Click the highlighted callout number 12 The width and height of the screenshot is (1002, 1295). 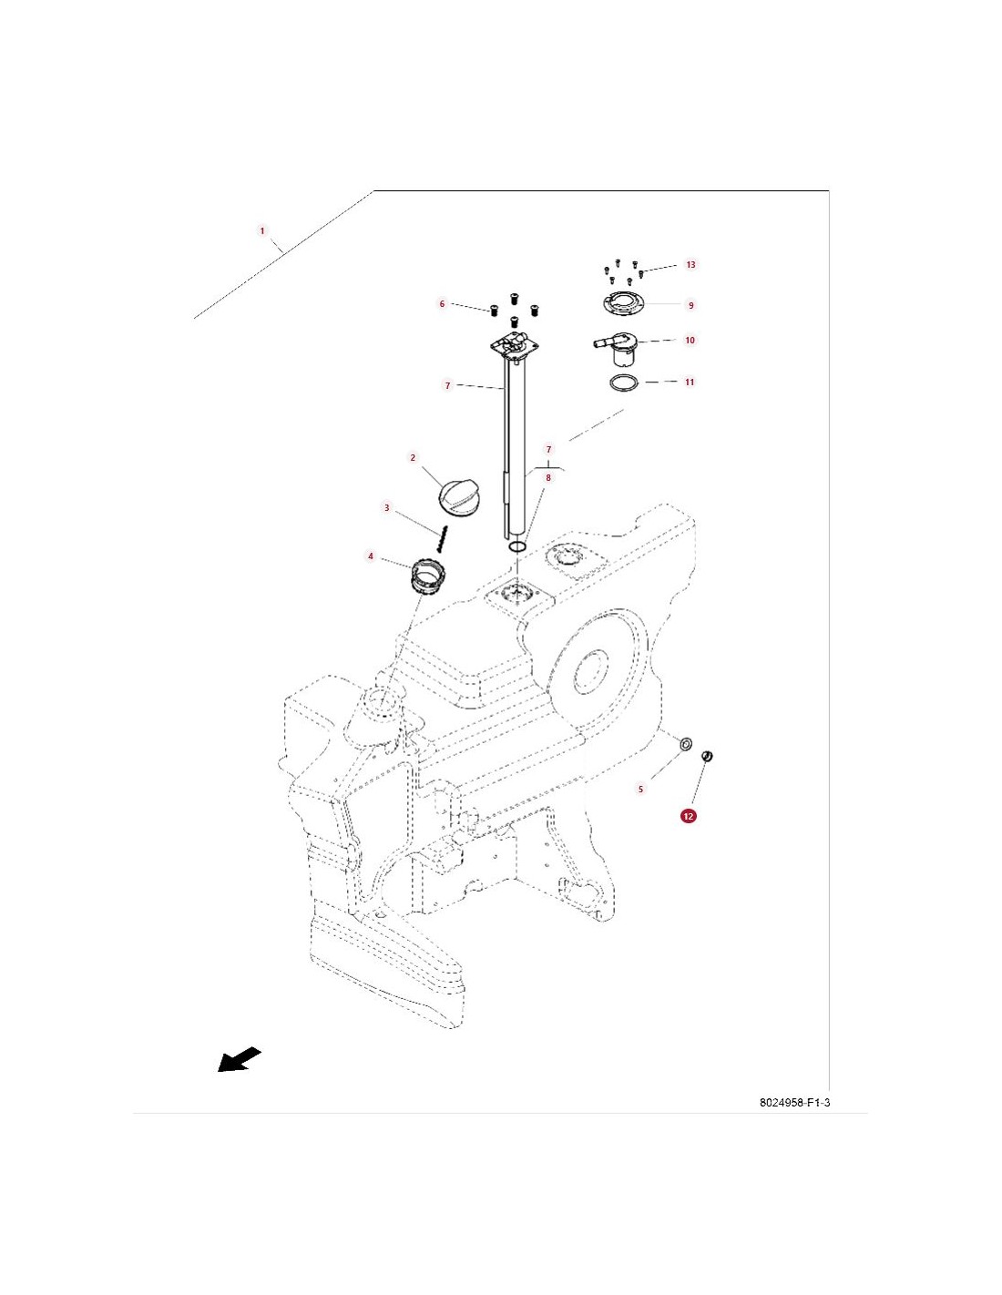[x=688, y=816]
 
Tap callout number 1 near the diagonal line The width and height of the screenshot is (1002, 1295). [x=262, y=230]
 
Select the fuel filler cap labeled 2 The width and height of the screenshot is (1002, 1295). [x=456, y=495]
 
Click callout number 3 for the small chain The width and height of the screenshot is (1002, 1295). [x=387, y=508]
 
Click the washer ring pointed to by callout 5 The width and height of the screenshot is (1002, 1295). [x=686, y=744]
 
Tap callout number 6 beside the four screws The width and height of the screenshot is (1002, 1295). [x=442, y=304]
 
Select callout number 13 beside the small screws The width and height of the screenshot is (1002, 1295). [x=690, y=265]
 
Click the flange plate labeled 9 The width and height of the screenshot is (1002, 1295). [x=623, y=305]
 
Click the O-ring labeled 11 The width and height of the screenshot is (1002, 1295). [x=624, y=382]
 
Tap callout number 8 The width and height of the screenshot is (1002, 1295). [x=547, y=477]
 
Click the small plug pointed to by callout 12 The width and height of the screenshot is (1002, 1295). [x=708, y=756]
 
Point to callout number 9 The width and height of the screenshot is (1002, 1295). [x=690, y=305]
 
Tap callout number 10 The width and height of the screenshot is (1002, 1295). [x=690, y=341]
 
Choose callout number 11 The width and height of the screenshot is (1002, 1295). [x=690, y=382]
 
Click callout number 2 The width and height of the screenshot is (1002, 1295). [x=413, y=458]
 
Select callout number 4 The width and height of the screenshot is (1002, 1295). [x=371, y=556]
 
